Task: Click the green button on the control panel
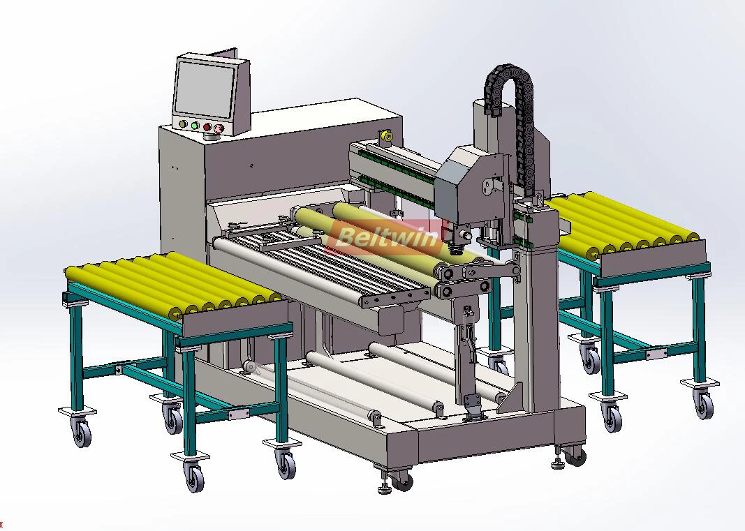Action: pyautogui.click(x=195, y=126)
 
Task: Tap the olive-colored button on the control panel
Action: pyautogui.click(x=182, y=124)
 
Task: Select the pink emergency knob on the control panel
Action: pyautogui.click(x=218, y=128)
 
